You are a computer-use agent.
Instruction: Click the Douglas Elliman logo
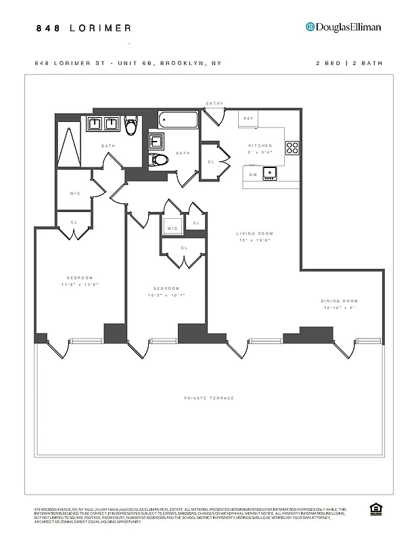pyautogui.click(x=344, y=27)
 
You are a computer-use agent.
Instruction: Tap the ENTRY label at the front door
pyautogui.click(x=214, y=104)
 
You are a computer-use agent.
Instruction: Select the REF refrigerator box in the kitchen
pyautogui.click(x=248, y=119)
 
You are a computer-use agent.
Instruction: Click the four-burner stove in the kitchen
pyautogui.click(x=292, y=148)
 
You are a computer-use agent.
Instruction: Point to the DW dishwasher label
pyautogui.click(x=252, y=174)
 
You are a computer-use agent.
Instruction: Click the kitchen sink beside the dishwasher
pyautogui.click(x=272, y=173)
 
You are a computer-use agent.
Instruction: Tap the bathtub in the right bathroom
pyautogui.click(x=179, y=120)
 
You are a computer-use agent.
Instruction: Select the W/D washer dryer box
pyautogui.click(x=172, y=228)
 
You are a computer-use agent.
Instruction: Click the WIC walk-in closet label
pyautogui.click(x=75, y=193)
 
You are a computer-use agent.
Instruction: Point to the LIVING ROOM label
pyautogui.click(x=255, y=234)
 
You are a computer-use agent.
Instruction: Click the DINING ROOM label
pyautogui.click(x=340, y=301)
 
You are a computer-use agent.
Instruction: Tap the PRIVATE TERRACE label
pyautogui.click(x=209, y=398)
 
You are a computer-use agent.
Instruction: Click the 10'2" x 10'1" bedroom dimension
pyautogui.click(x=166, y=295)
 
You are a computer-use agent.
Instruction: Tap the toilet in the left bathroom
pyautogui.click(x=131, y=124)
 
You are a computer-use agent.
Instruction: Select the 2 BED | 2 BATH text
pyautogui.click(x=349, y=63)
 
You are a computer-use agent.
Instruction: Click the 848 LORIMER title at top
pyautogui.click(x=84, y=28)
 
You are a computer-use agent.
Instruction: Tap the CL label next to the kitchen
pyautogui.click(x=211, y=162)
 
